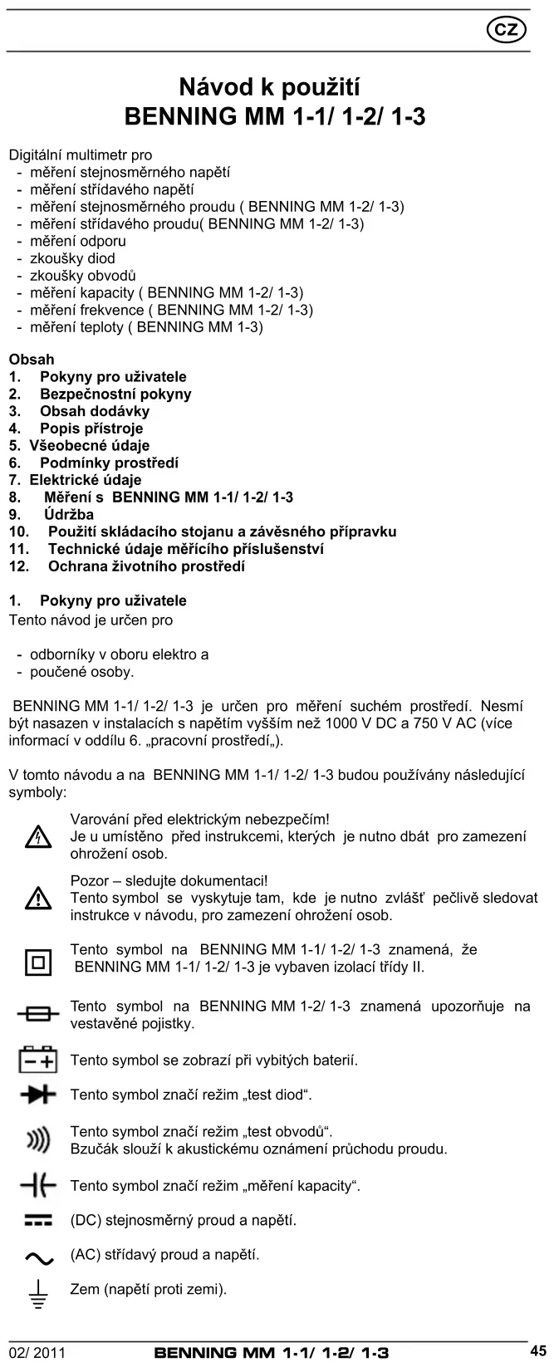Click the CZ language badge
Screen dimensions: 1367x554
(x=505, y=31)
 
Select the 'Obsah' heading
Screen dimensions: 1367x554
(x=32, y=360)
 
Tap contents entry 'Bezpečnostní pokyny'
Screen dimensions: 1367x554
(x=115, y=394)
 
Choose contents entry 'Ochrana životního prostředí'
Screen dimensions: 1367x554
(x=146, y=566)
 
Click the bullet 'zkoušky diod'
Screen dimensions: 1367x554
(x=72, y=258)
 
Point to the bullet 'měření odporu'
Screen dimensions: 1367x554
(x=77, y=241)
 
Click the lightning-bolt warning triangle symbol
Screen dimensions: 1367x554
(x=37, y=837)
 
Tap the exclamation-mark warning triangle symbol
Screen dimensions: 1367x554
(x=37, y=898)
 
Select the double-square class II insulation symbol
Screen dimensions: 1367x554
(x=37, y=962)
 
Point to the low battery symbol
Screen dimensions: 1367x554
(x=37, y=1060)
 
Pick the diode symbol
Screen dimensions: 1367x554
(x=37, y=1095)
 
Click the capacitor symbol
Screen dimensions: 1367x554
(x=37, y=1186)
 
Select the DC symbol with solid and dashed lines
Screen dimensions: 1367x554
(x=37, y=1220)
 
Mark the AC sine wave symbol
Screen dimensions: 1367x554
(x=37, y=1258)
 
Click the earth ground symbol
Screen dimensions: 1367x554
(x=37, y=1294)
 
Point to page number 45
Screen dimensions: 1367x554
(x=537, y=1350)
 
